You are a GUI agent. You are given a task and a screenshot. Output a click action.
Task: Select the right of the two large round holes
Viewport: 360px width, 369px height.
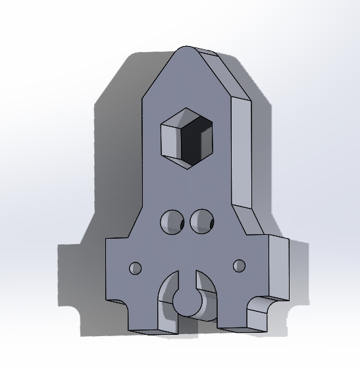(x=201, y=221)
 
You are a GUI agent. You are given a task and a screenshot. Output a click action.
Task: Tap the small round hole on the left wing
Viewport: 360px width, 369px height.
(x=135, y=268)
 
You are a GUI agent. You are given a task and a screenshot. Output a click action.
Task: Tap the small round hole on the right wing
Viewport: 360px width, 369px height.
(x=240, y=266)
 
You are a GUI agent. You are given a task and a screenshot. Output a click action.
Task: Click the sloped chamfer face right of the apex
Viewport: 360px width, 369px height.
(x=224, y=76)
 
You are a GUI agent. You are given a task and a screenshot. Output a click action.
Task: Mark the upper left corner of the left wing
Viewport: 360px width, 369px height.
(x=107, y=241)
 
